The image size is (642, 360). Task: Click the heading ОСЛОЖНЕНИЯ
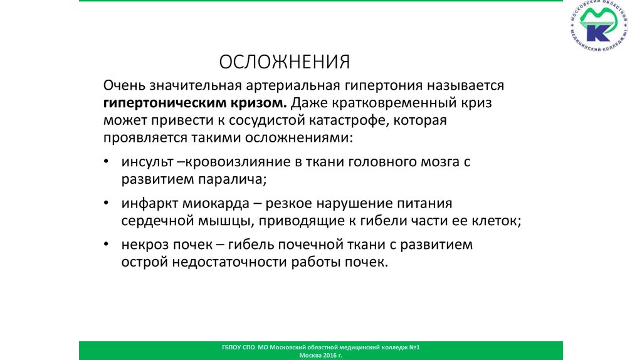[284, 62]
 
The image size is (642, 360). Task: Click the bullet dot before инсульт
[107, 162]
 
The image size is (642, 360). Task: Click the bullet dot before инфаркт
[107, 204]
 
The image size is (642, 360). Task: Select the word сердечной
[154, 221]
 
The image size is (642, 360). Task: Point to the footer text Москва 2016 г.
[321, 355]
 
